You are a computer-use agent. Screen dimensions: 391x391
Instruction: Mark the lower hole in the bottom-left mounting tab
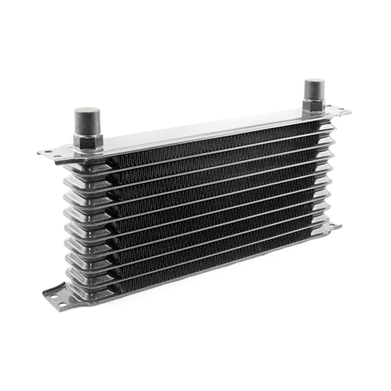pyautogui.click(x=61, y=304)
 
